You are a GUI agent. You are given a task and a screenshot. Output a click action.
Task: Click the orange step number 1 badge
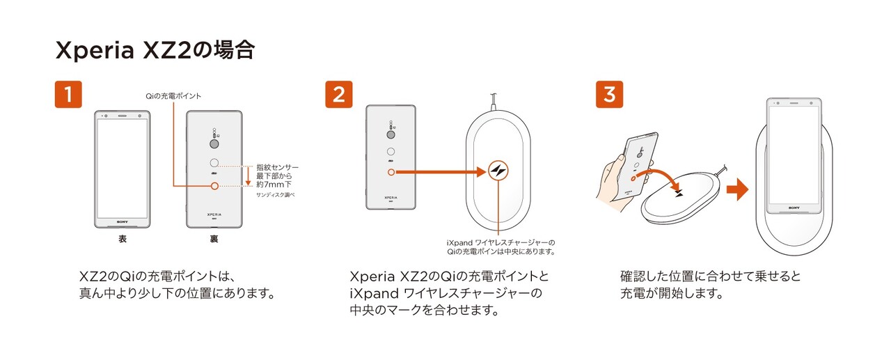pyautogui.click(x=68, y=94)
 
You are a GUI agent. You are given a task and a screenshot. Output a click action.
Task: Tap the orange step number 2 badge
pyautogui.click(x=339, y=94)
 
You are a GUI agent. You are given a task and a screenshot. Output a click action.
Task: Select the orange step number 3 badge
pyautogui.click(x=609, y=94)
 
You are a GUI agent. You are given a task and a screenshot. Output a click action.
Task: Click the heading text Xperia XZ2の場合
pyautogui.click(x=155, y=50)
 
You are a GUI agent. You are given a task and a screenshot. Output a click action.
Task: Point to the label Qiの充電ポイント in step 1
pyautogui.click(x=173, y=96)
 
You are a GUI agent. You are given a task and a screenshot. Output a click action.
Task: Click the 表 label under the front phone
pyautogui.click(x=123, y=239)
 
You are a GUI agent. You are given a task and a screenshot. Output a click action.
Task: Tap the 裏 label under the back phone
pyautogui.click(x=214, y=239)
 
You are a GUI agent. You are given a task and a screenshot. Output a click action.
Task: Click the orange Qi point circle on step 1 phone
pyautogui.click(x=214, y=186)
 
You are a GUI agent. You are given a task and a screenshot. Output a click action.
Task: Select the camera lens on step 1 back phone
pyautogui.click(x=214, y=143)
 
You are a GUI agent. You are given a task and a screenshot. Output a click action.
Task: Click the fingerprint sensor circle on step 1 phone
pyautogui.click(x=214, y=163)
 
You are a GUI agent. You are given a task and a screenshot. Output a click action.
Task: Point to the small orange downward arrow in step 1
pyautogui.click(x=249, y=176)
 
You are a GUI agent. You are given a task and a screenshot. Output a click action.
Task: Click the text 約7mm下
pyautogui.click(x=274, y=185)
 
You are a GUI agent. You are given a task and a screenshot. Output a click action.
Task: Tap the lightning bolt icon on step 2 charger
pyautogui.click(x=498, y=171)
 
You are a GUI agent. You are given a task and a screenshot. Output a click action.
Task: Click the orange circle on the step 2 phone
pyautogui.click(x=391, y=172)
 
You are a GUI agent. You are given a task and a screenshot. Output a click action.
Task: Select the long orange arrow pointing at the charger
pyautogui.click(x=441, y=172)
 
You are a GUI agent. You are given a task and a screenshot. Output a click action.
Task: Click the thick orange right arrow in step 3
pyautogui.click(x=737, y=189)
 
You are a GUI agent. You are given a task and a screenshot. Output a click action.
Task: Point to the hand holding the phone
pyautogui.click(x=615, y=183)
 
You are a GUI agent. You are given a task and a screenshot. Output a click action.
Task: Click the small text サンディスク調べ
pyautogui.click(x=275, y=195)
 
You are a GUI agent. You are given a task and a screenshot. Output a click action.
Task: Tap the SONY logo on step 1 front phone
pyautogui.click(x=123, y=222)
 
